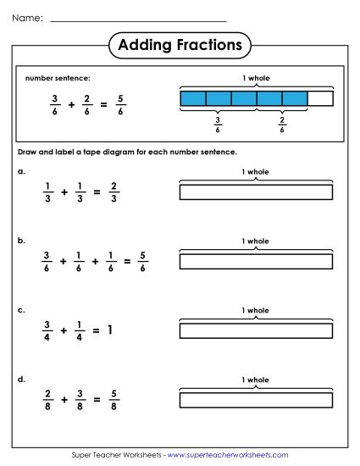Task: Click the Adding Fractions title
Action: [180, 44]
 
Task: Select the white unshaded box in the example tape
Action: [320, 99]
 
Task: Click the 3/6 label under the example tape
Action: [218, 125]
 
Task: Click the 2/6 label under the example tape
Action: [282, 125]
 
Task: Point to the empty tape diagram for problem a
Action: [256, 192]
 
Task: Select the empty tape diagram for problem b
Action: [256, 261]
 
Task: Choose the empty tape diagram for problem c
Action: [256, 330]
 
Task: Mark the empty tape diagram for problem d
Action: [256, 399]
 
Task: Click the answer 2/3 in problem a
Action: [114, 192]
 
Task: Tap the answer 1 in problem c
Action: [108, 330]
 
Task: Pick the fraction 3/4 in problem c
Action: [47, 330]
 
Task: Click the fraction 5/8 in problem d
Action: [114, 398]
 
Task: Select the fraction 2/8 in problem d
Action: [47, 398]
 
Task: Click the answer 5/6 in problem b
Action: [143, 262]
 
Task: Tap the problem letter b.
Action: [21, 241]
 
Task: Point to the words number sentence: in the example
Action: [58, 79]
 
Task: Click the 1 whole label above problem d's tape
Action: [256, 379]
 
